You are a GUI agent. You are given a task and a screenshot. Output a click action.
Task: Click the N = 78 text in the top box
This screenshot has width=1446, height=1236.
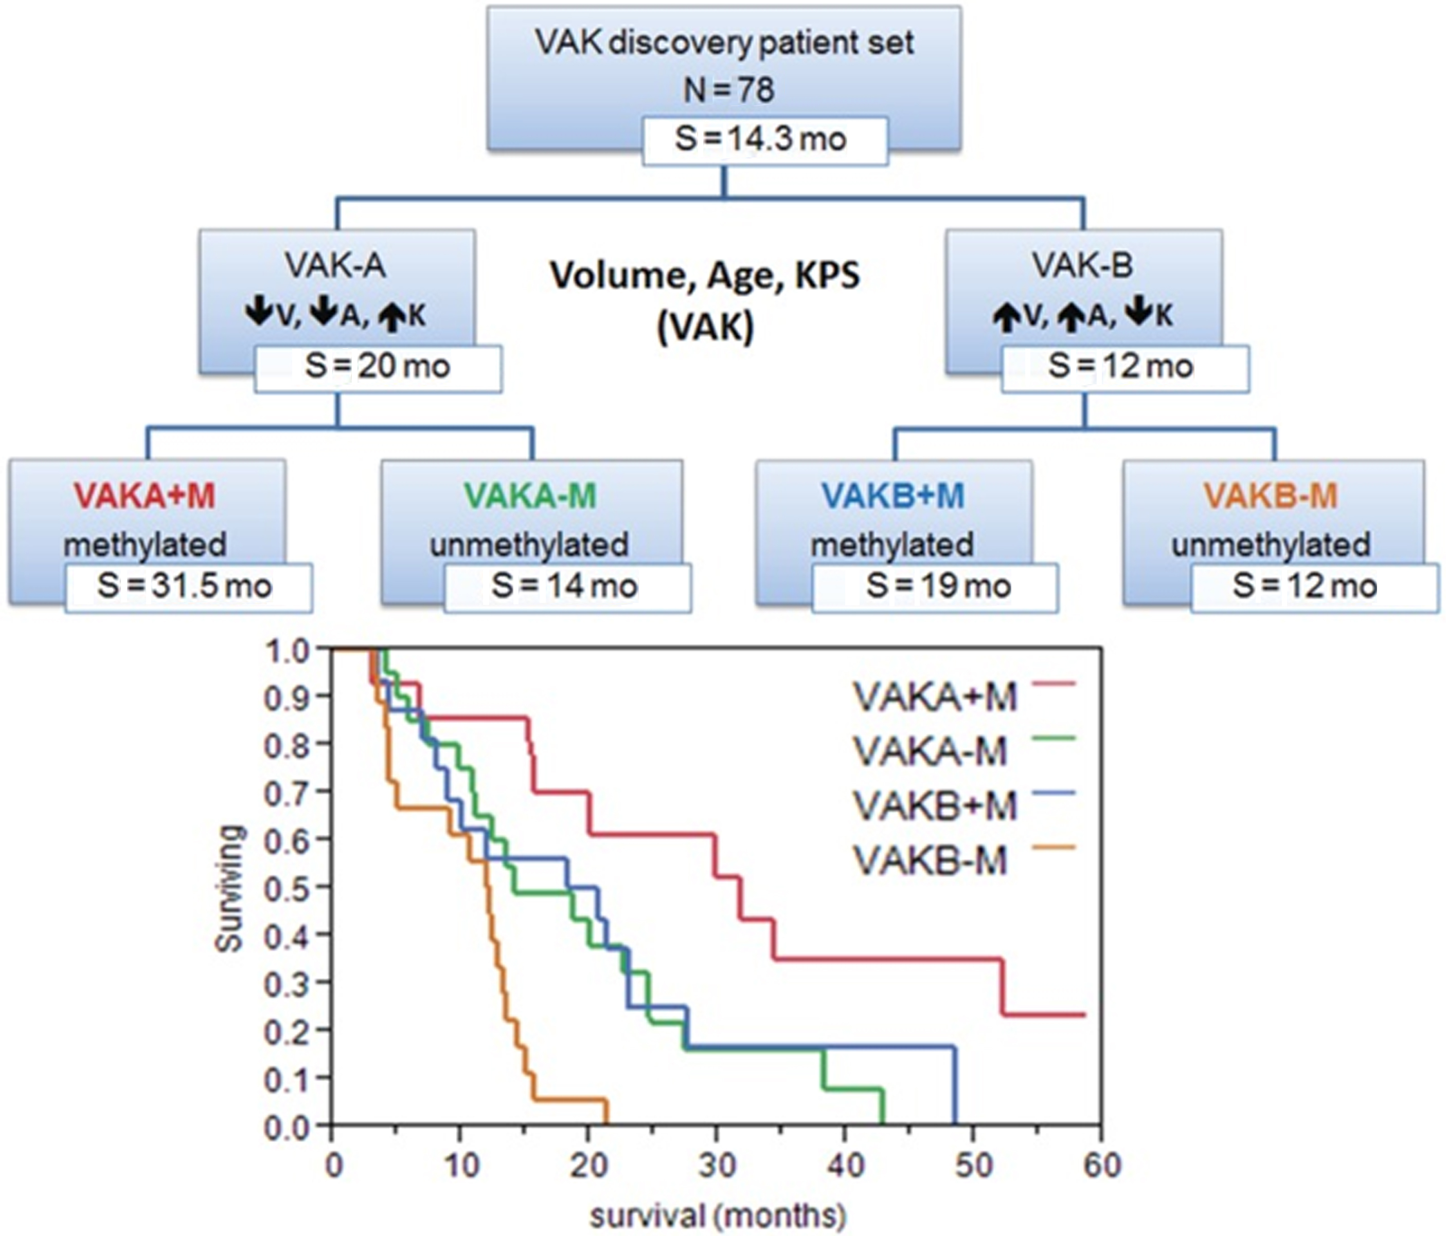(x=728, y=91)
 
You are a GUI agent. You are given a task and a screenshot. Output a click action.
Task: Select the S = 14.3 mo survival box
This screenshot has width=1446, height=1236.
(x=764, y=140)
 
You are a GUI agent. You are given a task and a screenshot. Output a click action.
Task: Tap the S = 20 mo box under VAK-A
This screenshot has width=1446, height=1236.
(x=378, y=368)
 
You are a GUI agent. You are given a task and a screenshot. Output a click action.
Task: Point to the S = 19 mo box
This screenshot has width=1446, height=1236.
(x=935, y=587)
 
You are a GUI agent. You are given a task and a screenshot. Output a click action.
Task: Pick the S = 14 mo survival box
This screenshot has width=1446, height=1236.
(x=567, y=587)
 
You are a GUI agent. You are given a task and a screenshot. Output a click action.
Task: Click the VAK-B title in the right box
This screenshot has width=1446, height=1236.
(x=1083, y=266)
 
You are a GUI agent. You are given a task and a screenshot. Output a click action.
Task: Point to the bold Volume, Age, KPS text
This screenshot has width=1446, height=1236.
(x=705, y=276)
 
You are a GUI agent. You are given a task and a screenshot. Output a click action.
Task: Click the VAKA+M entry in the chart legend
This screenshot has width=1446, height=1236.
(x=935, y=696)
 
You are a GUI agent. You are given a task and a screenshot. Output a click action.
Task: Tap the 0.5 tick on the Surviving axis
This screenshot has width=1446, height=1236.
(x=286, y=887)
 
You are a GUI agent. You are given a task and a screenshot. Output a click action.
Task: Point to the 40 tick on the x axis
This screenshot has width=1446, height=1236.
(x=846, y=1166)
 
